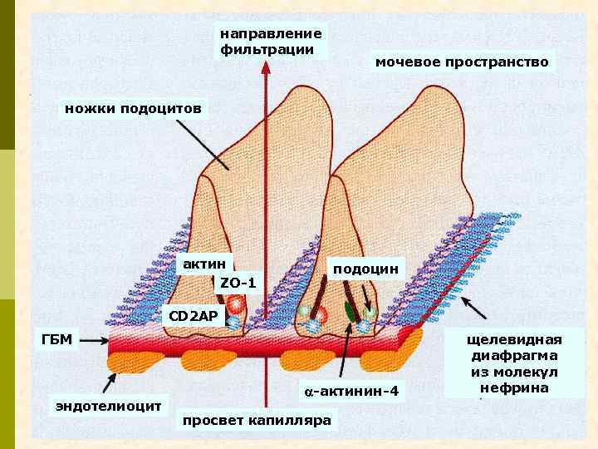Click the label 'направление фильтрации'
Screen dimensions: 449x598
coord(270,41)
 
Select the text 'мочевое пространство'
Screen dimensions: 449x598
coord(462,62)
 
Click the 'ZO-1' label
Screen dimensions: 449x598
coord(238,284)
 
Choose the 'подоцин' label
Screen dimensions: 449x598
coord(365,269)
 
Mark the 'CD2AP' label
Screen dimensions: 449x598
coord(193,316)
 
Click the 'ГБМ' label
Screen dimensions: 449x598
coord(57,339)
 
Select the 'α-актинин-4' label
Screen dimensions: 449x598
coord(351,391)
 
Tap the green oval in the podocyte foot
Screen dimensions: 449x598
coord(352,314)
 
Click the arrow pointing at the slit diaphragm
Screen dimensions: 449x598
coord(474,308)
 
